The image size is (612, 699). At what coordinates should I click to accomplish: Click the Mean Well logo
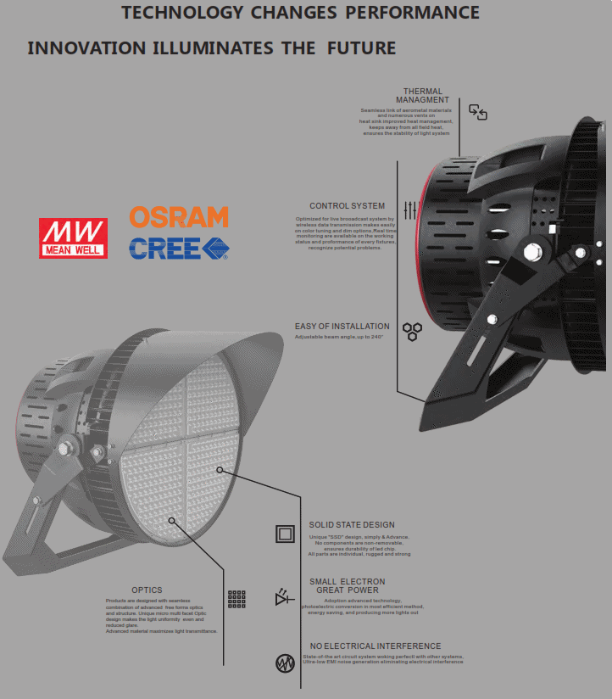(x=73, y=238)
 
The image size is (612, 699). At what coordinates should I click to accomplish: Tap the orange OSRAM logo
(x=179, y=217)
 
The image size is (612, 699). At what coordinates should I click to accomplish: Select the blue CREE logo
(x=179, y=248)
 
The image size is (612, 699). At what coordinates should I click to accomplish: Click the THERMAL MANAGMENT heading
(x=422, y=96)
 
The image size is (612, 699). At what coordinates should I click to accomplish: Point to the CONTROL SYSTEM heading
(x=347, y=206)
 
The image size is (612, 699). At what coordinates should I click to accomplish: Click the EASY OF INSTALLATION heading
(x=342, y=327)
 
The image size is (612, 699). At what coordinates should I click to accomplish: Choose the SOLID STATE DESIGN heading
(x=352, y=525)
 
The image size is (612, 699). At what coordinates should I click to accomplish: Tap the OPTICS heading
(x=147, y=590)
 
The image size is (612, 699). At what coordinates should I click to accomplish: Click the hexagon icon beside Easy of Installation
(x=412, y=331)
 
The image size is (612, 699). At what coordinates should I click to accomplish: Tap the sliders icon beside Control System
(x=410, y=210)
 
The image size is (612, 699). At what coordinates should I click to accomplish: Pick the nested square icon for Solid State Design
(x=285, y=534)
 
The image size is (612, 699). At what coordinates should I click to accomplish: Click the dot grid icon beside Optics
(x=236, y=599)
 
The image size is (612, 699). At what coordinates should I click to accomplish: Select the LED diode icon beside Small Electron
(x=284, y=598)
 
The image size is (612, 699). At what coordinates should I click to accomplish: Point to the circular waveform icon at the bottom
(x=285, y=663)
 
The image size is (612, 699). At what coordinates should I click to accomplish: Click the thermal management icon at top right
(x=478, y=112)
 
